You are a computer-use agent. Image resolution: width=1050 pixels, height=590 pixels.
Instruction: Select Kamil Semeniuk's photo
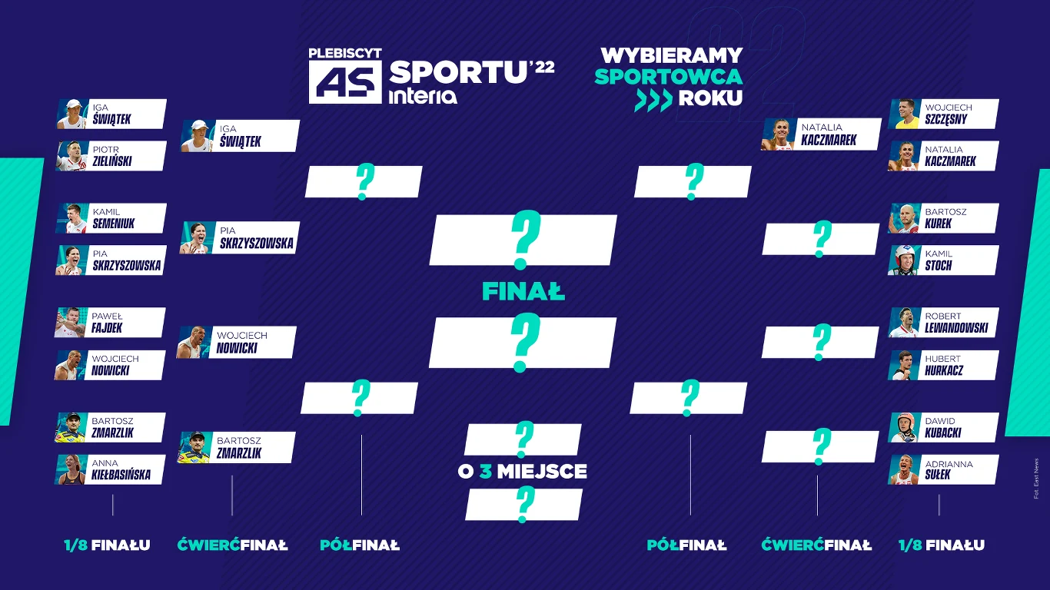click(x=71, y=218)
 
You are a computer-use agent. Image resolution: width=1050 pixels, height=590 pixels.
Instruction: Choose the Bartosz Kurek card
click(x=944, y=218)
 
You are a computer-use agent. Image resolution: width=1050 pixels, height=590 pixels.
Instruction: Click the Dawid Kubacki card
click(x=944, y=427)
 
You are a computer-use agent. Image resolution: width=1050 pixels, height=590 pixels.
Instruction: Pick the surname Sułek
click(x=938, y=475)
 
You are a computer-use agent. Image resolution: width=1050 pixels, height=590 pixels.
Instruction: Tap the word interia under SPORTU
click(x=424, y=96)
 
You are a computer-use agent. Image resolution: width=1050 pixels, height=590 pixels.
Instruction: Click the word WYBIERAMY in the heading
click(x=671, y=55)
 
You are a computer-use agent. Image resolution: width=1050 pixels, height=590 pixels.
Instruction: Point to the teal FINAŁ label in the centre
click(x=523, y=292)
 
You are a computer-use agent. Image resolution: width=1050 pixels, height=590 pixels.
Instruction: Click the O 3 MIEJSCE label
click(x=523, y=471)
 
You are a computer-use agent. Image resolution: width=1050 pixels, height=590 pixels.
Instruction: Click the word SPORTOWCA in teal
click(x=668, y=77)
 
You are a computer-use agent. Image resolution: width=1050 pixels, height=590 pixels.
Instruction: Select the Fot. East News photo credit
click(x=1036, y=479)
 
